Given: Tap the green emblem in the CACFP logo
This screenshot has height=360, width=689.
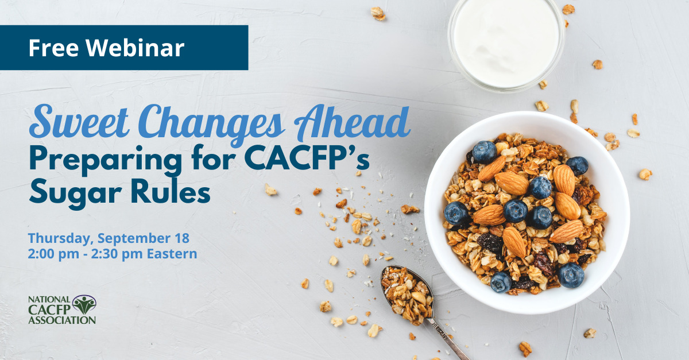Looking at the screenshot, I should tap(84, 304).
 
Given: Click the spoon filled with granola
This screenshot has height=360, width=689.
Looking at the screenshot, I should tap(407, 293).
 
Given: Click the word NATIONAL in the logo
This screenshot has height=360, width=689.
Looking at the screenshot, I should tap(48, 300).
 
